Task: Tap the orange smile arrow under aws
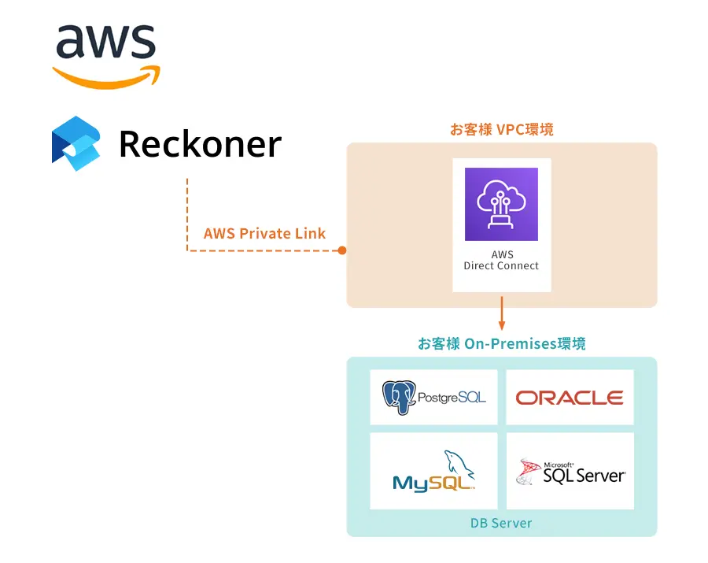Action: click(105, 77)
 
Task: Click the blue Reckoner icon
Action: click(76, 143)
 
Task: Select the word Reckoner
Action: click(200, 144)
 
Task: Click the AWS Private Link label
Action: click(264, 233)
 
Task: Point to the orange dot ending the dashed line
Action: click(342, 250)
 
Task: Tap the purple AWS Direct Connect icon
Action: click(501, 204)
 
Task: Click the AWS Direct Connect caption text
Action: click(501, 261)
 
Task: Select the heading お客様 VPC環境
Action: click(501, 129)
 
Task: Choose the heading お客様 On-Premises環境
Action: click(501, 344)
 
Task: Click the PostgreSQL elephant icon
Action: click(399, 397)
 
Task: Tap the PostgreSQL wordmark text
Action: click(452, 398)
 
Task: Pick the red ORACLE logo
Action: click(570, 398)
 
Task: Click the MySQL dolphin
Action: click(459, 465)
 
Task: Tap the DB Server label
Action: click(501, 523)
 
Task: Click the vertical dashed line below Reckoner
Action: click(187, 213)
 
